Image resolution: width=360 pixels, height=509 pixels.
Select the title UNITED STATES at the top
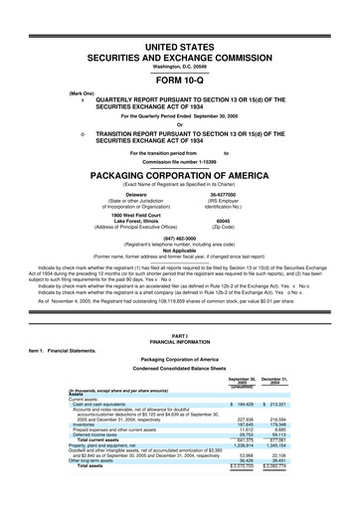point(179,48)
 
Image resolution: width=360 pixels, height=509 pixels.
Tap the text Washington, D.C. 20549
point(179,67)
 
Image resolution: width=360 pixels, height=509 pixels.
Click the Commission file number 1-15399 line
point(179,160)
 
